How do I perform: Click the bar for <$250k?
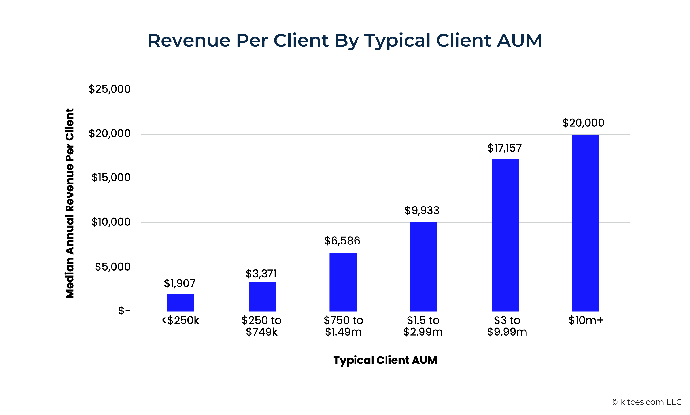click(180, 302)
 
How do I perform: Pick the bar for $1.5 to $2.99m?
click(423, 267)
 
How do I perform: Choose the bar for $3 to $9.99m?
click(505, 235)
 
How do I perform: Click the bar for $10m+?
click(585, 223)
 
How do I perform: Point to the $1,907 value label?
click(180, 284)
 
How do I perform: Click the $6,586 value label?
click(342, 241)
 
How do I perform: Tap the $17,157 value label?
click(504, 148)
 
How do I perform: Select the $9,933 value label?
click(422, 211)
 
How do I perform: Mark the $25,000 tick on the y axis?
click(110, 89)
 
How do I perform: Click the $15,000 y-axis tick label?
click(111, 178)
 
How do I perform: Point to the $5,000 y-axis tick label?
click(112, 267)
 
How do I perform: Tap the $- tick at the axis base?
click(124, 310)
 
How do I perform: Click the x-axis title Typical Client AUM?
click(385, 360)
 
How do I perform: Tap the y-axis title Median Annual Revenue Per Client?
click(70, 203)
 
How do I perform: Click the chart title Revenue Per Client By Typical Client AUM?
click(345, 40)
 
